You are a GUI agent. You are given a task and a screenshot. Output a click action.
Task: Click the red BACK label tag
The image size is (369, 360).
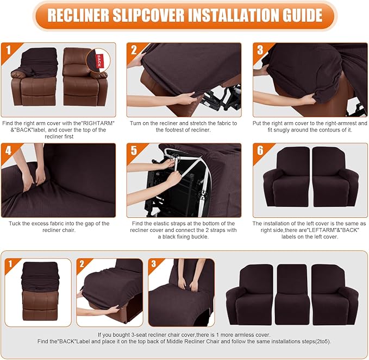point(99,59)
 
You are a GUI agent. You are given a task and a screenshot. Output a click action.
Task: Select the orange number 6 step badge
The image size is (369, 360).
point(261,150)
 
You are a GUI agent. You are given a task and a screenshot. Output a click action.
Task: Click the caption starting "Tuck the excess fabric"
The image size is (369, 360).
point(59,223)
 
